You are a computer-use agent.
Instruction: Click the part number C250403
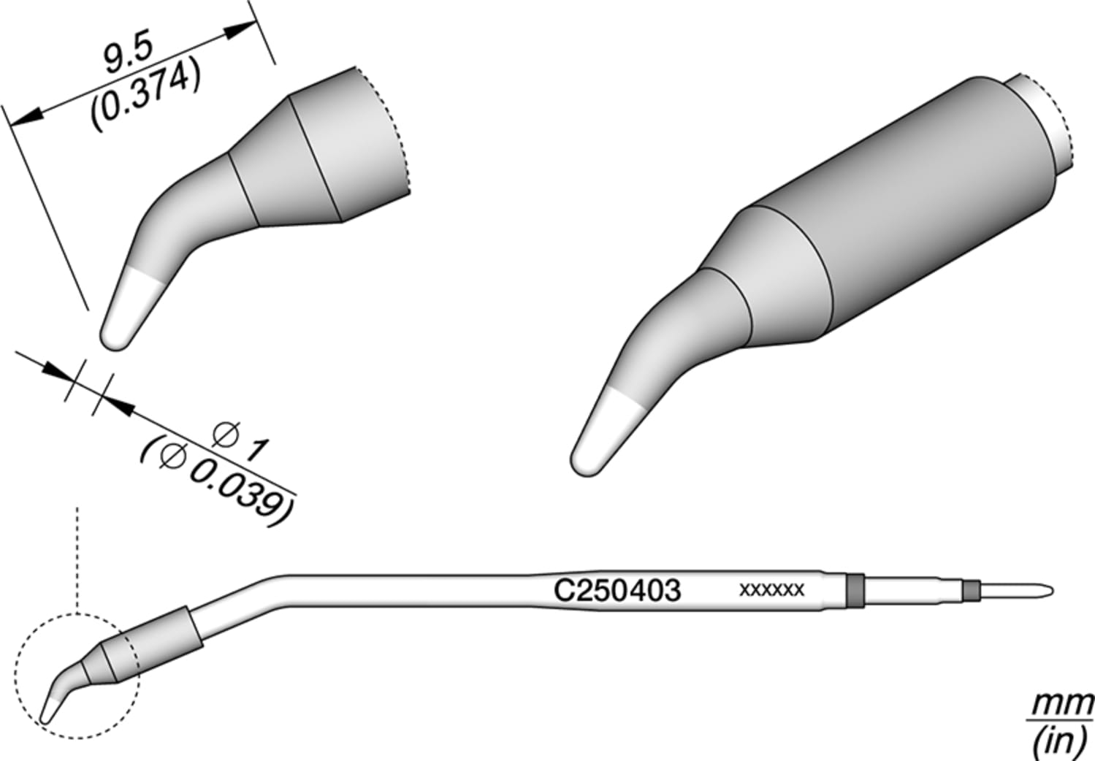click(617, 590)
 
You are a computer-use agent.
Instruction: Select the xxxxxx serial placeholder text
click(771, 589)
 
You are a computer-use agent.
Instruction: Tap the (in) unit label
click(1059, 742)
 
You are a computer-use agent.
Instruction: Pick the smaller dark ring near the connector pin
click(969, 589)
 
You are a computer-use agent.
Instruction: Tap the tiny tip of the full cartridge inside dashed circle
click(50, 708)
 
